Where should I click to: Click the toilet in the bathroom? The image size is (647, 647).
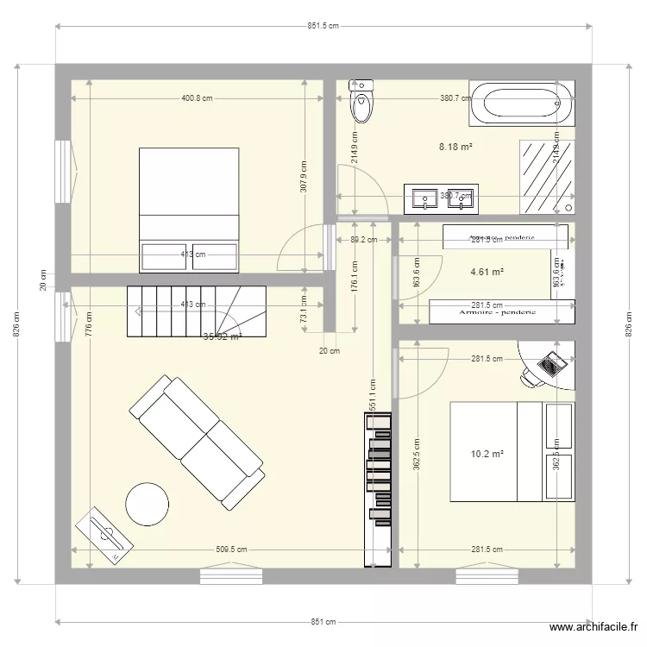(x=362, y=101)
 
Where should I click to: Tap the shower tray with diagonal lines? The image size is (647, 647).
(x=546, y=177)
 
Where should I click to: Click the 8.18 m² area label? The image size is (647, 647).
(x=455, y=147)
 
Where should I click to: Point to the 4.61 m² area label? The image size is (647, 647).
(x=487, y=272)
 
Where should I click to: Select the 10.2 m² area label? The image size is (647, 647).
(x=487, y=454)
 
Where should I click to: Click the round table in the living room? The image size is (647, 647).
(x=147, y=503)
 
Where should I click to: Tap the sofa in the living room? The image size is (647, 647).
(x=197, y=441)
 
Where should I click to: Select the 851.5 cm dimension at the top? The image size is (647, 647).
(x=323, y=27)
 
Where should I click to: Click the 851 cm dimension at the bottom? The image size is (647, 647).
(x=323, y=621)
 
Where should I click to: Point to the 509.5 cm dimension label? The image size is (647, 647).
(x=230, y=550)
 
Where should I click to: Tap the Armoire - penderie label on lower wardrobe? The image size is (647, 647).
(x=497, y=312)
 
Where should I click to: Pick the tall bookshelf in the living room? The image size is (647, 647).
(x=379, y=491)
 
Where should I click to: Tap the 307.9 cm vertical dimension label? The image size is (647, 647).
(x=303, y=176)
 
